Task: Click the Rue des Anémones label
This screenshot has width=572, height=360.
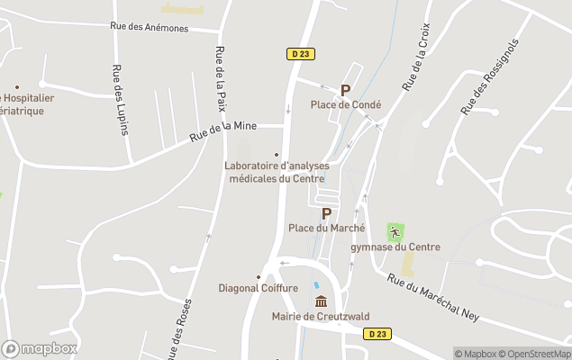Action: point(150,28)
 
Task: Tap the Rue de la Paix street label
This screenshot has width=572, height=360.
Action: point(221,78)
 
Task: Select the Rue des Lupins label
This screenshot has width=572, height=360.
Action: point(117,99)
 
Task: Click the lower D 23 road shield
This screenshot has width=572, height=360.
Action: point(378,334)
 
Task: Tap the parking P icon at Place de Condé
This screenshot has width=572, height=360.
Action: point(345,90)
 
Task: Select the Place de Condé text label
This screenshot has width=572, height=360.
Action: point(346,104)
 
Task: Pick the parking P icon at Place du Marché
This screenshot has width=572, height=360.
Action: point(326,213)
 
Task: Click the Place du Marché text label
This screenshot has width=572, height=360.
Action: point(326,228)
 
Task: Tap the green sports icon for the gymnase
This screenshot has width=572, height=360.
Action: point(395,231)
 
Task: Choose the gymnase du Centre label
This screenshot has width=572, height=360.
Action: point(395,247)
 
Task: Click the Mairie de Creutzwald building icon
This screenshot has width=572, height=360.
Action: point(321,301)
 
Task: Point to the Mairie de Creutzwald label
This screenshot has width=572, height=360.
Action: point(321,316)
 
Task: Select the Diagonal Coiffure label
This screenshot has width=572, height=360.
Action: point(259,288)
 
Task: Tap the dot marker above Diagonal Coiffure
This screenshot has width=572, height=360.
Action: point(259,276)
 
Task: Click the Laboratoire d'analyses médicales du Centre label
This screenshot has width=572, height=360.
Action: point(277,171)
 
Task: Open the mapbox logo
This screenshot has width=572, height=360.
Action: point(40,348)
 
